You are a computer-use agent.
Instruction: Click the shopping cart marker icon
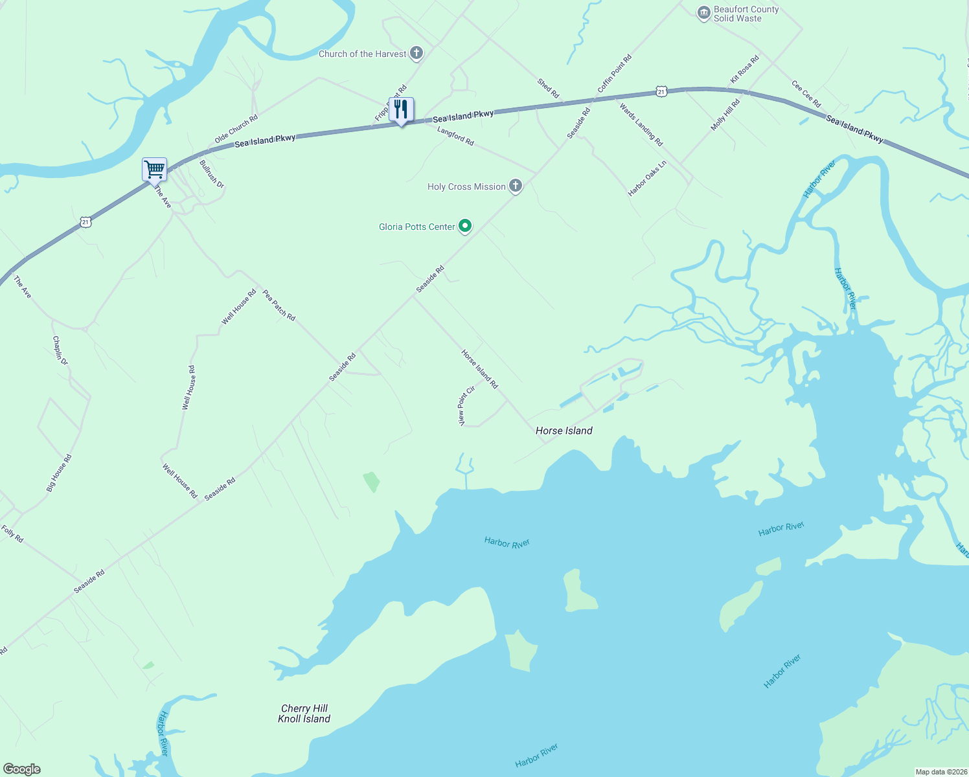point(155,170)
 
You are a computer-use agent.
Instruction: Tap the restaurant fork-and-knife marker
point(401,110)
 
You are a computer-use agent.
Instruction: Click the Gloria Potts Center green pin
point(465,226)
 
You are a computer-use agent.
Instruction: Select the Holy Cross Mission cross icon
point(516,186)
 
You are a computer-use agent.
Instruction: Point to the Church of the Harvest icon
point(416,54)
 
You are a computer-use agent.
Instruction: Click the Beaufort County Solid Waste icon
point(703,14)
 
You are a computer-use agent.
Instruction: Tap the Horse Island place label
point(564,431)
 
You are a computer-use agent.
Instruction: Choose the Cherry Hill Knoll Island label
point(304,714)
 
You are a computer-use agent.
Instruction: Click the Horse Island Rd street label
point(479,369)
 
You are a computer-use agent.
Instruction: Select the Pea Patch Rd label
point(279,305)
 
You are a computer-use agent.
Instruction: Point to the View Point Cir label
point(467,406)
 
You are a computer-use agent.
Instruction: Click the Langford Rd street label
point(455,136)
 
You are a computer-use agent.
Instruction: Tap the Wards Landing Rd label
point(641,124)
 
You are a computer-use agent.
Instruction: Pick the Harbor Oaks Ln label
point(647,179)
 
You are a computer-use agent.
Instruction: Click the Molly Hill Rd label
point(725,115)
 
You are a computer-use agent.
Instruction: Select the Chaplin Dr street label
point(60,350)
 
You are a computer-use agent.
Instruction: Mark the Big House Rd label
point(59,473)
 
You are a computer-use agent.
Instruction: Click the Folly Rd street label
point(12,534)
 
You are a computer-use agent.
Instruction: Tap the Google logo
point(22,769)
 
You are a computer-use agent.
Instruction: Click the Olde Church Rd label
point(236,129)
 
